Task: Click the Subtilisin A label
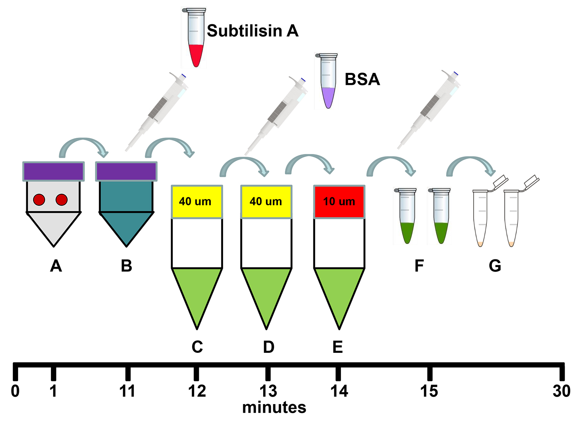pos(252,31)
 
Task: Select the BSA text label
pos(362,80)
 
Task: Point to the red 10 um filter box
pos(339,202)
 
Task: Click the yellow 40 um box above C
pos(197,202)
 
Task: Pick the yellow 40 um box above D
pos(266,202)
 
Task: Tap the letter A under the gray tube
pos(56,266)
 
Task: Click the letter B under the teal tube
pos(126,266)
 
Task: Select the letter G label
pos(494,266)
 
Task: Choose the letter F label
pos(419,266)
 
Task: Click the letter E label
pos(338,347)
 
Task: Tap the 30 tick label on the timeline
pos(561,391)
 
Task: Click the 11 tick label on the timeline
pos(127,391)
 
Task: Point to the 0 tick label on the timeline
pos(15,391)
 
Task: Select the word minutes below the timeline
pos(274,408)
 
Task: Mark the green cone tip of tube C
pos(197,309)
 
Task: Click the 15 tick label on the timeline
pos(429,391)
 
